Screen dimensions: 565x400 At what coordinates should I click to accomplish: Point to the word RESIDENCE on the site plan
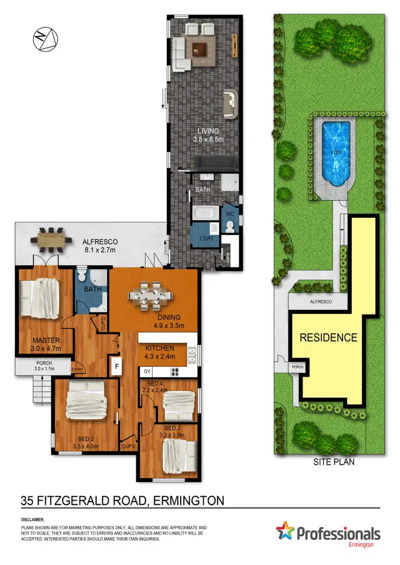[x=327, y=338]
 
